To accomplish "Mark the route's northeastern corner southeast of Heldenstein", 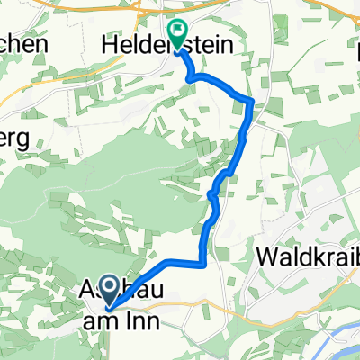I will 251,101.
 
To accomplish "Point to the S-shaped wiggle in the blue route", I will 214,193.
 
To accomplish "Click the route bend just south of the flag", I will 192,79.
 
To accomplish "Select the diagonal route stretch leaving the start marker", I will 139,276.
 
